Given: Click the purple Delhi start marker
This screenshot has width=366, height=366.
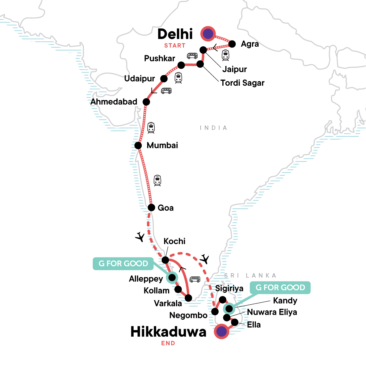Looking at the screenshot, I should pyautogui.click(x=208, y=34).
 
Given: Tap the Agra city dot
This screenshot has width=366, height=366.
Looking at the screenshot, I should pyautogui.click(x=232, y=44).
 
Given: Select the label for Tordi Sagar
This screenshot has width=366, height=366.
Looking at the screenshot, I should pyautogui.click(x=242, y=83).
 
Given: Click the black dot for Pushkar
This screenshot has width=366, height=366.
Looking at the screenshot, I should pyautogui.click(x=181, y=65).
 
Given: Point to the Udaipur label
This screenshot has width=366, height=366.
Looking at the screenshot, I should pyautogui.click(x=139, y=79).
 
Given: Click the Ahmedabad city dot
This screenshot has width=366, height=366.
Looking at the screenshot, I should pyautogui.click(x=146, y=102).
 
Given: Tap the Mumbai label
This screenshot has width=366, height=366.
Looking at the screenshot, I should pyautogui.click(x=162, y=145).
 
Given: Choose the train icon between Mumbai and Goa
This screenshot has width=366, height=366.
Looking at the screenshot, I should pyautogui.click(x=157, y=181).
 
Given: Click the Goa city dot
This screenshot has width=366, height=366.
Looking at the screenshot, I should pyautogui.click(x=151, y=208).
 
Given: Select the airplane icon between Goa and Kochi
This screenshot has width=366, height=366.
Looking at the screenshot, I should pyautogui.click(x=140, y=237).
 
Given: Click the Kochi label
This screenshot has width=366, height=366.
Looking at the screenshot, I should pyautogui.click(x=174, y=241).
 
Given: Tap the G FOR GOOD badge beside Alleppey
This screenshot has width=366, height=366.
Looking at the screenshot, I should pyautogui.click(x=123, y=264).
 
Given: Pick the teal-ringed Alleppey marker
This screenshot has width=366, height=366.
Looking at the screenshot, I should pyautogui.click(x=172, y=277).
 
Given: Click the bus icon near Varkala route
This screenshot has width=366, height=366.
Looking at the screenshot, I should pyautogui.click(x=195, y=279).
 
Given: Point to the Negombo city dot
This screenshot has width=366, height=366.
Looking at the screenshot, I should pyautogui.click(x=215, y=311).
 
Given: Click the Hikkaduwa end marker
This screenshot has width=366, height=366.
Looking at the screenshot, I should pyautogui.click(x=221, y=331).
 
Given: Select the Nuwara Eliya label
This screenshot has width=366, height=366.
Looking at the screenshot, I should pyautogui.click(x=272, y=312).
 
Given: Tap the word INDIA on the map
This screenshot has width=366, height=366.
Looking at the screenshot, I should pyautogui.click(x=213, y=128).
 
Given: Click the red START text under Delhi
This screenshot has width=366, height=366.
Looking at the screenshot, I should pyautogui.click(x=175, y=46).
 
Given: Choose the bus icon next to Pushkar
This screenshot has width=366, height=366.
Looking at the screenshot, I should pyautogui.click(x=192, y=56).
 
